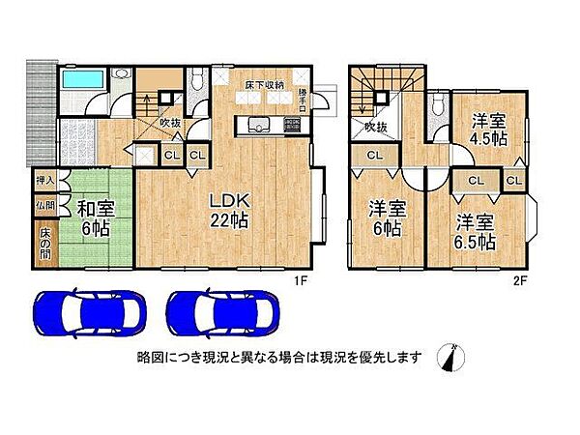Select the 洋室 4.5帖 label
(x=488, y=130)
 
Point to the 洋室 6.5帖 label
(x=477, y=231)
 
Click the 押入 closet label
(x=45, y=180)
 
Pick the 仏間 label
(x=45, y=205)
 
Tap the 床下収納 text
(x=263, y=85)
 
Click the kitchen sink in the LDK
(x=258, y=124)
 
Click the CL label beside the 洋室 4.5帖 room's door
(x=476, y=180)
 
